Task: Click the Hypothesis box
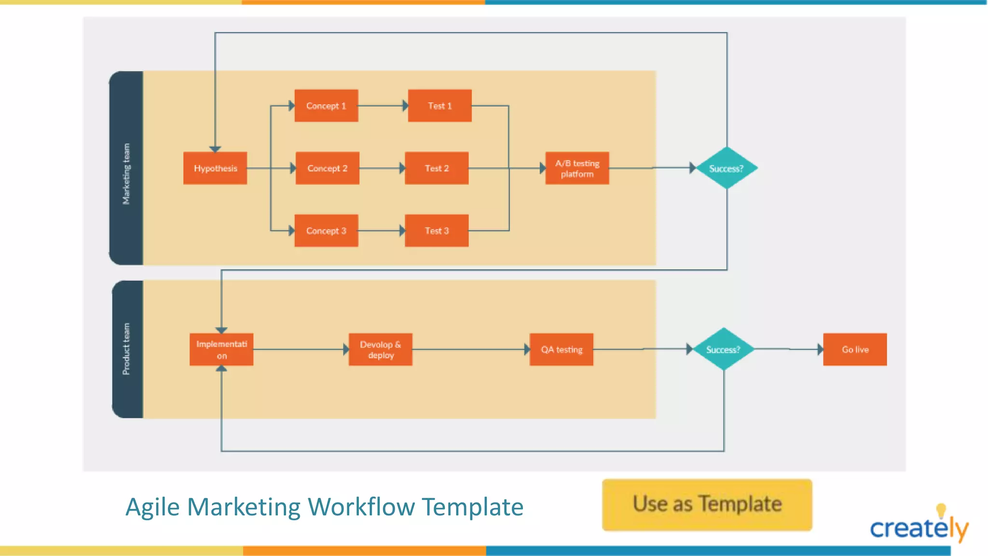click(x=215, y=168)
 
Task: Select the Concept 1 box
click(x=326, y=106)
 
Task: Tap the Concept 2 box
click(x=327, y=168)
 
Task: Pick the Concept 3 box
click(x=326, y=231)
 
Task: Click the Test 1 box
click(x=439, y=106)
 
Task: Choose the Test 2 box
click(x=437, y=168)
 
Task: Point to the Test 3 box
click(x=437, y=231)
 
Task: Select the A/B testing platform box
click(x=577, y=168)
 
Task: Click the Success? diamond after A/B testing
click(x=727, y=168)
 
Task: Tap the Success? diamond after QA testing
click(x=723, y=349)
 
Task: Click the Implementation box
click(x=221, y=349)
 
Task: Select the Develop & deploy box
click(x=381, y=349)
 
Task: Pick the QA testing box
click(x=562, y=349)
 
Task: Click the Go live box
click(x=855, y=349)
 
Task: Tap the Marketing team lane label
click(x=126, y=174)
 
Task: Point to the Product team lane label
click(x=126, y=348)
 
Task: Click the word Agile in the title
click(x=153, y=507)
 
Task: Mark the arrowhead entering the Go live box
click(x=820, y=349)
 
